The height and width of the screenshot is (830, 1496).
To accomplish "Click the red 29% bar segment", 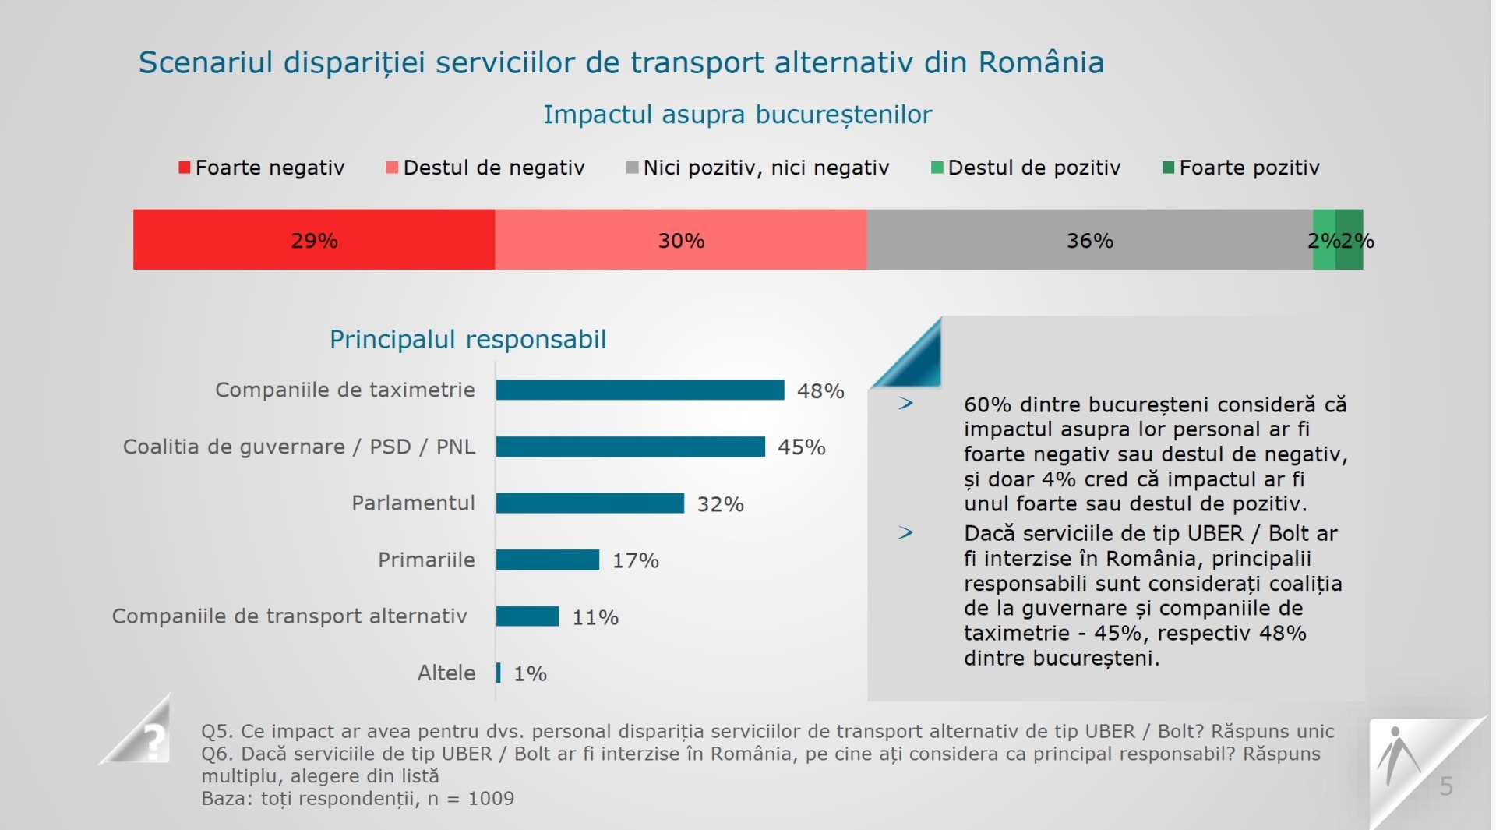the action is (314, 239).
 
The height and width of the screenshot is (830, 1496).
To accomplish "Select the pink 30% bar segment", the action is (681, 239).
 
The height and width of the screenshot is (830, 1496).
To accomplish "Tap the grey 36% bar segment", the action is (1090, 239).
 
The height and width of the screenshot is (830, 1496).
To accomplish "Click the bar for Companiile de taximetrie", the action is (640, 390).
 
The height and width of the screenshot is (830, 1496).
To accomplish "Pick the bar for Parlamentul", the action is (590, 503).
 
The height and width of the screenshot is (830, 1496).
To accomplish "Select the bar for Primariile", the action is (548, 560).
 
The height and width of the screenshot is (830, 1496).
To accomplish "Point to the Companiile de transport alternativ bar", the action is (527, 616).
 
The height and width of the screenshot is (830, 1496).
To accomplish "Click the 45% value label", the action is (802, 447).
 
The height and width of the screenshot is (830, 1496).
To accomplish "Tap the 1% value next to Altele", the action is (531, 673).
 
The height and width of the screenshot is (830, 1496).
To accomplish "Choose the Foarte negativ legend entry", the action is (262, 168).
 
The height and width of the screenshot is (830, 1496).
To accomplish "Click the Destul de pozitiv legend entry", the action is (1026, 168).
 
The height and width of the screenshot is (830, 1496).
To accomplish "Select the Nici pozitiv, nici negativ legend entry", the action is (758, 168).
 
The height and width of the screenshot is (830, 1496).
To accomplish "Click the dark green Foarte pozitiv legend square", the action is (1168, 168).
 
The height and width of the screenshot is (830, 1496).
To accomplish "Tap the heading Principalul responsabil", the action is (467, 340).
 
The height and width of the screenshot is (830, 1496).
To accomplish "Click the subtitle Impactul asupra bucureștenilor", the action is (738, 115).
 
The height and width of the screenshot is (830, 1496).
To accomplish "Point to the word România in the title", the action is (1041, 62).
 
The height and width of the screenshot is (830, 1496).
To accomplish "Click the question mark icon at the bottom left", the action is (154, 739).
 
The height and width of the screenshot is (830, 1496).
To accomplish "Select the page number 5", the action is (1446, 786).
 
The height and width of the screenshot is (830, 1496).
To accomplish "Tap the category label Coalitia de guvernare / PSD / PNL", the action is (299, 447).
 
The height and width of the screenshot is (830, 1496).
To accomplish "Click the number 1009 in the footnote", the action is (491, 799).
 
